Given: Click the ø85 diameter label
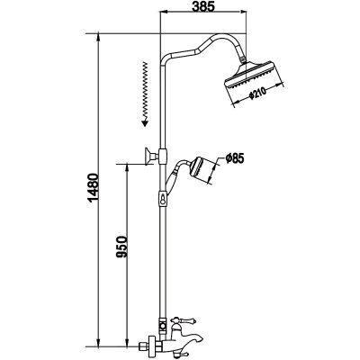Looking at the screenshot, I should coord(236,160).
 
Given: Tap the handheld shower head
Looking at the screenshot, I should coord(205,170).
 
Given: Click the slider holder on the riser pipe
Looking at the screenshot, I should coord(162,157).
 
